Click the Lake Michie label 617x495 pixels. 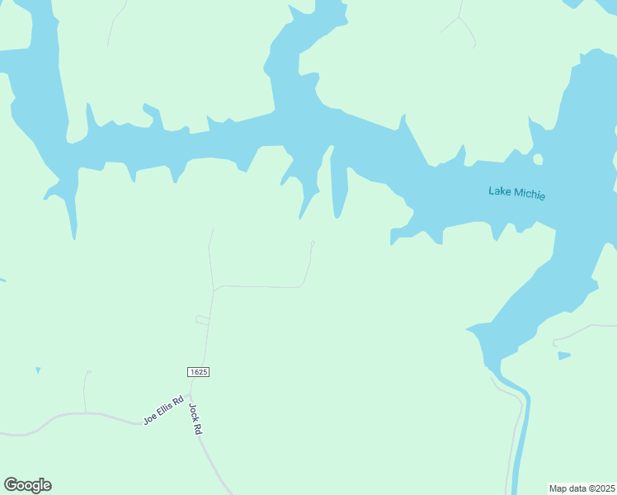point(517,194)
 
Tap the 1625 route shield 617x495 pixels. point(198,372)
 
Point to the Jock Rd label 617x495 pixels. point(195,419)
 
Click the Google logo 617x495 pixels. point(27,485)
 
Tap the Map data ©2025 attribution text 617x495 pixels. point(582,488)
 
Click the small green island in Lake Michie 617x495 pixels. point(538,159)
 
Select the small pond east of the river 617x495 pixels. point(563,356)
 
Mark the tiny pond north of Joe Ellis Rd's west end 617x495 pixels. point(38,370)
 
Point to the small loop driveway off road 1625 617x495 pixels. point(201,319)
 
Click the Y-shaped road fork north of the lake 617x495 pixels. point(459,19)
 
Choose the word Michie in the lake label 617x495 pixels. point(530,195)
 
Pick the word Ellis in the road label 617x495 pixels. point(163,408)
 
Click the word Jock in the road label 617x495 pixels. point(193,412)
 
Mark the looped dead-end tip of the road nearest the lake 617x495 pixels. point(313,243)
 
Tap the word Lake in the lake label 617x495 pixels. point(500,192)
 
